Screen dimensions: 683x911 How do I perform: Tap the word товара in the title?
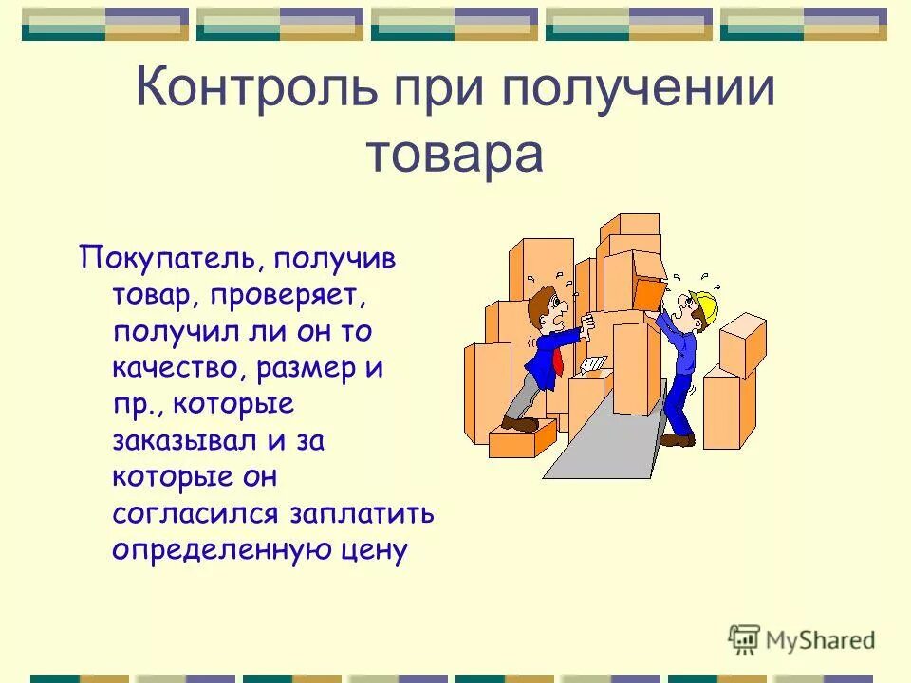[454, 155]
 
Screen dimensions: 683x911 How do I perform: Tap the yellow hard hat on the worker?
[706, 305]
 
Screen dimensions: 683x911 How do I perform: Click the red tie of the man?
[560, 360]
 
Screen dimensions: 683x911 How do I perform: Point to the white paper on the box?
[593, 364]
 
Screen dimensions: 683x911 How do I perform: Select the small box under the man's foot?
[521, 438]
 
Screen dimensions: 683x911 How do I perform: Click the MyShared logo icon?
[744, 640]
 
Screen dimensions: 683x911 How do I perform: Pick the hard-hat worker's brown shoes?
[678, 439]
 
